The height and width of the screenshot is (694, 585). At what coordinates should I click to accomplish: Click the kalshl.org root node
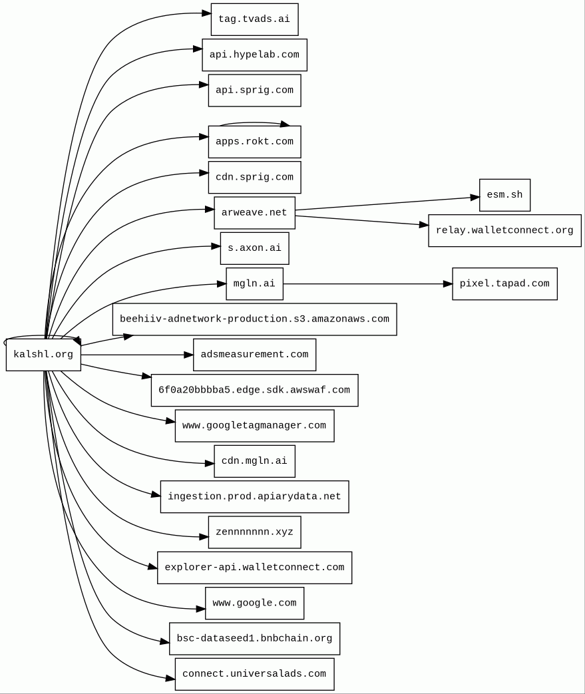43,355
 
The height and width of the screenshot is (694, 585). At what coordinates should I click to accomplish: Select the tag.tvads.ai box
255,19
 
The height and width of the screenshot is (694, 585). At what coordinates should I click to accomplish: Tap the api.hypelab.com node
255,55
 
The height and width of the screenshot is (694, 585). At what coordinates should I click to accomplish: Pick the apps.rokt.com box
255,142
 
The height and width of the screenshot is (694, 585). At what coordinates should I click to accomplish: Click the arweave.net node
255,213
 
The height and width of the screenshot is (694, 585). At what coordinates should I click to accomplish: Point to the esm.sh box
505,195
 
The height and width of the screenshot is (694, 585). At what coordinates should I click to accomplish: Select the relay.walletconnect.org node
505,231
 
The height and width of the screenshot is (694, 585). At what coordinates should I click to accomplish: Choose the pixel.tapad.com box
505,283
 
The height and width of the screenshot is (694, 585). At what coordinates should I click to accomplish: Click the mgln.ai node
255,283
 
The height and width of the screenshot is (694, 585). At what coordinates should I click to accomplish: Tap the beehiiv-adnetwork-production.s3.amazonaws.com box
255,319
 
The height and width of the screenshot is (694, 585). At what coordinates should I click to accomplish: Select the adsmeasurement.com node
255,355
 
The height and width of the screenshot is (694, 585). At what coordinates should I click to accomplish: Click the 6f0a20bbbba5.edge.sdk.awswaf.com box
255,391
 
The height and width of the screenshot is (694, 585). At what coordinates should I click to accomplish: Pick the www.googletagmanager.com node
255,426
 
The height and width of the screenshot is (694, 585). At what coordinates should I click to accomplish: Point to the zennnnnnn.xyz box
255,532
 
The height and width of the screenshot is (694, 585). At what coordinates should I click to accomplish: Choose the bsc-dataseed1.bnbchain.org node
255,639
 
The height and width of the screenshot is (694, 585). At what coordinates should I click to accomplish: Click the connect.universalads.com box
255,674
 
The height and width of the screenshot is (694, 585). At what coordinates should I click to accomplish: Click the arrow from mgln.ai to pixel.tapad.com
367,283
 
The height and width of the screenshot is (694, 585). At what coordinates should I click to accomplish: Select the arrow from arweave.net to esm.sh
387,204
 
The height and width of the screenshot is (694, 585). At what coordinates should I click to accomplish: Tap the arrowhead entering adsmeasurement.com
188,355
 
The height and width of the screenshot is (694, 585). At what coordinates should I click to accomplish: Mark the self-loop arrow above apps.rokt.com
255,122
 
